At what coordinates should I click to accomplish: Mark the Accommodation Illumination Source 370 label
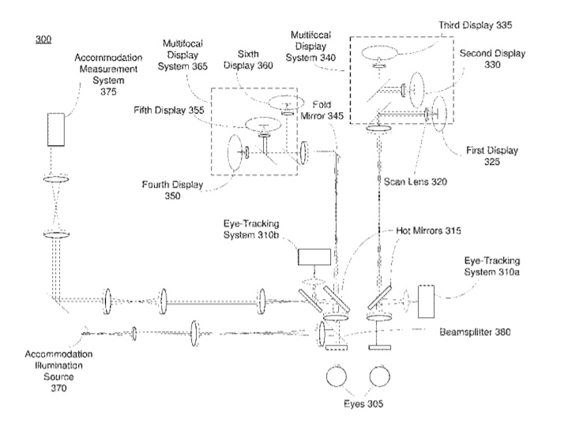click(56, 372)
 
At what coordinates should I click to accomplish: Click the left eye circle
click(340, 372)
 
